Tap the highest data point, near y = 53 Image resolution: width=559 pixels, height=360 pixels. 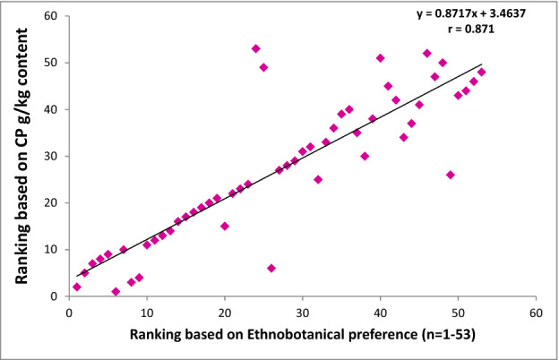pyautogui.click(x=256, y=48)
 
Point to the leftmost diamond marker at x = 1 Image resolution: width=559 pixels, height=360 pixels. pyautogui.click(x=77, y=287)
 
